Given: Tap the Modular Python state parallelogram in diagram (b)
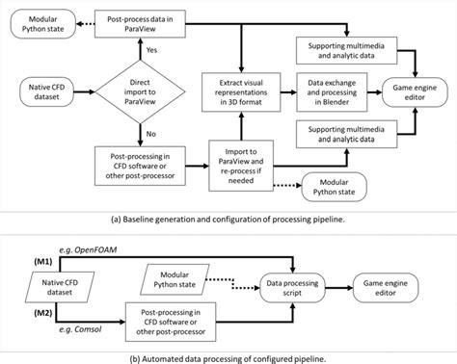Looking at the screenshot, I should coord(183,279).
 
